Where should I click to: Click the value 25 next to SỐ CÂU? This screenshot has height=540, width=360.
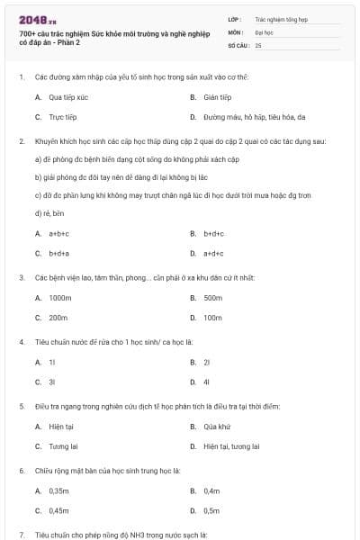click(x=258, y=45)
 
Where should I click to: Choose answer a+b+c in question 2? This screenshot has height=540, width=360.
click(x=59, y=233)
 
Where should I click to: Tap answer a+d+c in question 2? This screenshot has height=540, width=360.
click(x=213, y=254)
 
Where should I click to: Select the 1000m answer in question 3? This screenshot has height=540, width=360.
click(x=60, y=297)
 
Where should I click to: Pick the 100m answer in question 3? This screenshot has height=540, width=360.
click(x=212, y=318)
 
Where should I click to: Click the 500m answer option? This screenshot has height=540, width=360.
click(x=212, y=297)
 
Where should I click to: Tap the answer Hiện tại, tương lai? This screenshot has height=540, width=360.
click(x=231, y=445)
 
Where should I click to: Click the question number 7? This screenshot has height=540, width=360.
click(x=21, y=534)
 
